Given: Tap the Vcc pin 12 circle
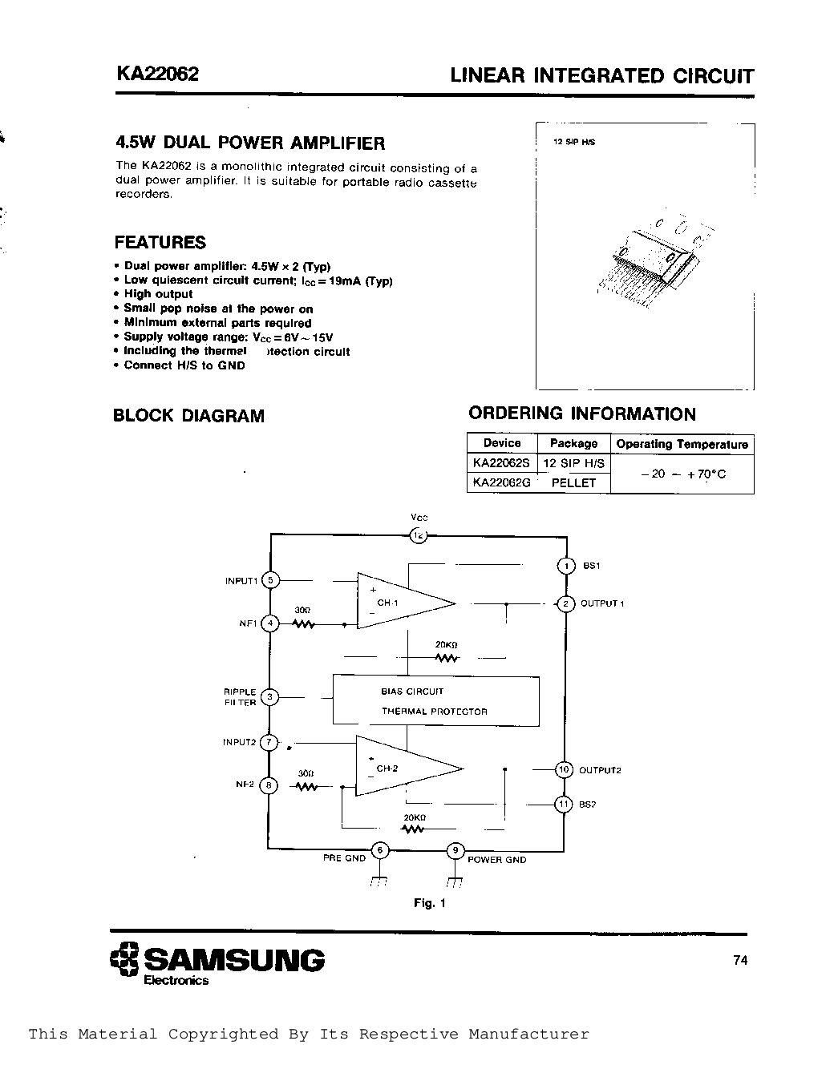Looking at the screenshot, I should coord(418,535).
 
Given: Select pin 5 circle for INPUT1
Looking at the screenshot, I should coord(270,580).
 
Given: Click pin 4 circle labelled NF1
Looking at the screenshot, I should coord(270,623).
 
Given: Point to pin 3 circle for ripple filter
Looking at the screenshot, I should coord(270,697).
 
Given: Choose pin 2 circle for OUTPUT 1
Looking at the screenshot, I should coord(565,603).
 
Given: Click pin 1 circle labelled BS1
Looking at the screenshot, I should coord(565,566).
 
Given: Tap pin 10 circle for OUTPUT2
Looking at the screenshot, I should coord(564,769).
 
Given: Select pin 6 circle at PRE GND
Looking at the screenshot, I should coord(379,850).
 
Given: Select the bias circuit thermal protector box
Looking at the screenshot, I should coord(435,701).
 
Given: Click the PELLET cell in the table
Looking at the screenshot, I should coord(574,482).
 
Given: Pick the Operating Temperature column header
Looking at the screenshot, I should coord(682,444).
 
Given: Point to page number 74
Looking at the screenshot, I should coord(740,960).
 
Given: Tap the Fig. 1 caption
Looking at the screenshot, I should coord(429,903).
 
